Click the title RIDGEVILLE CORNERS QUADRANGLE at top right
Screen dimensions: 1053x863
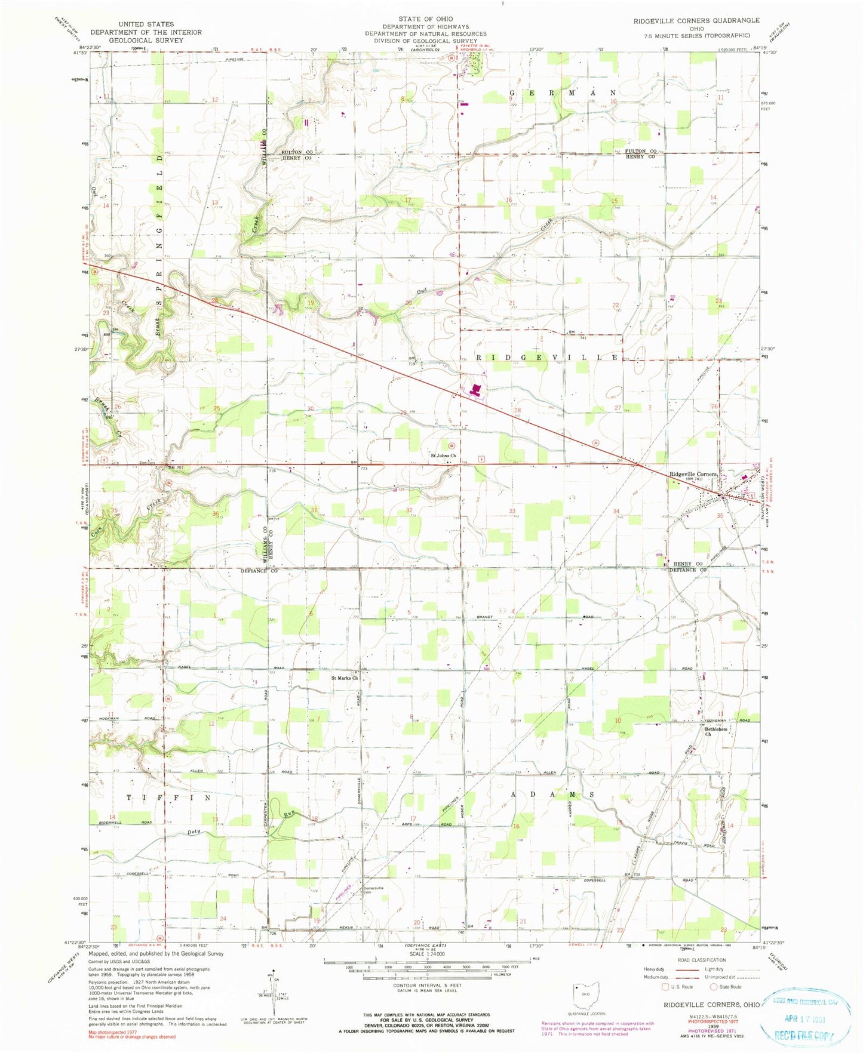(696, 20)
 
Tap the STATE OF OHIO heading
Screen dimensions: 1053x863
(426, 20)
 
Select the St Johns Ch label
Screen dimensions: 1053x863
(443, 456)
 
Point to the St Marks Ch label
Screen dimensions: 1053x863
(345, 678)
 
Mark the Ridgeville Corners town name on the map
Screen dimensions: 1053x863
(693, 474)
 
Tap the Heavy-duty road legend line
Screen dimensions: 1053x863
(692, 969)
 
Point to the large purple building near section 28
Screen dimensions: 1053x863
(476, 391)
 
